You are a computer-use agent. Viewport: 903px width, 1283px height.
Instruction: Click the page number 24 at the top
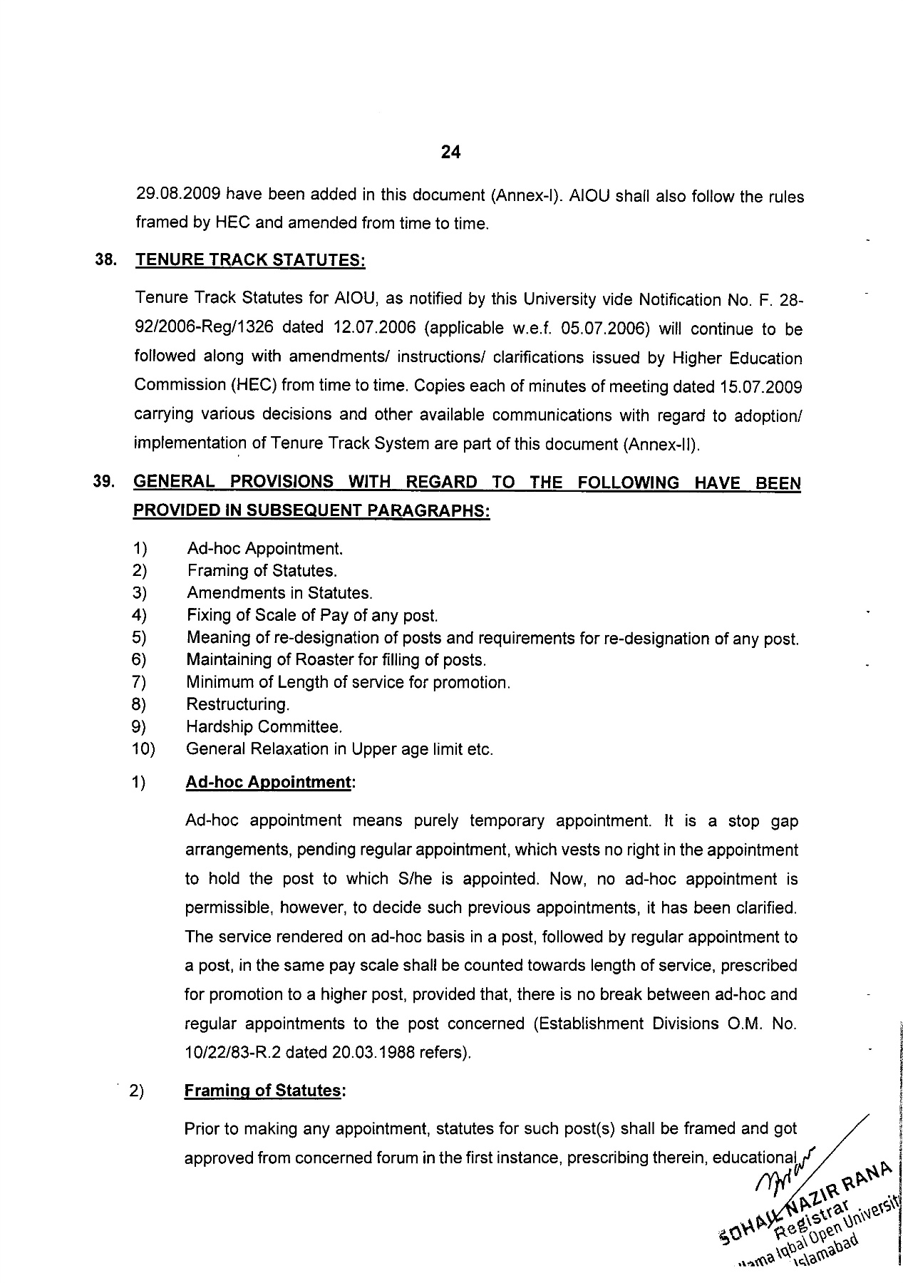451,152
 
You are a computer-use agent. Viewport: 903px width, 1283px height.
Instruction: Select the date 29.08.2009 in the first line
178,195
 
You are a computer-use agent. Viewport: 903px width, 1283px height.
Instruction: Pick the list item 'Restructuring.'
238,704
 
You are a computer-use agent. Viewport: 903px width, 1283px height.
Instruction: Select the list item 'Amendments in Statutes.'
279,593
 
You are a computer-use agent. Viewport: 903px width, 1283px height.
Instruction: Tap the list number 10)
144,749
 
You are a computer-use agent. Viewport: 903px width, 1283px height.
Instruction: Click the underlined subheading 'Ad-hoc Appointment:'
270,783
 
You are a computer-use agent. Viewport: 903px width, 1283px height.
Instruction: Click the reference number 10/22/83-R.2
233,1052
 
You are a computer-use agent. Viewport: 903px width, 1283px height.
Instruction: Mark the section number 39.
104,483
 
